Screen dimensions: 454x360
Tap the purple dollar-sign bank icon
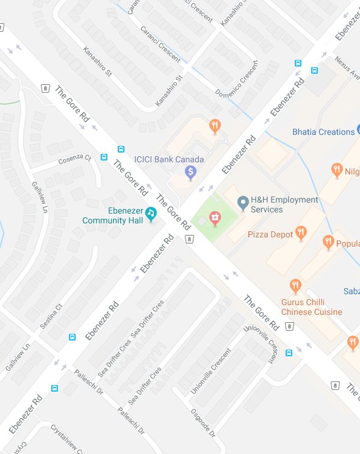pos(190,173)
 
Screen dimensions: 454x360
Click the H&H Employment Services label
pos(285,204)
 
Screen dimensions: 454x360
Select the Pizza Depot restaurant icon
pos(300,232)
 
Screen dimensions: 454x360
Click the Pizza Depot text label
pos(269,234)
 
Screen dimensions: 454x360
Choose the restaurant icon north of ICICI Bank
pos(214,127)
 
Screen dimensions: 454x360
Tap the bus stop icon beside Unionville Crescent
pos(289,352)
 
